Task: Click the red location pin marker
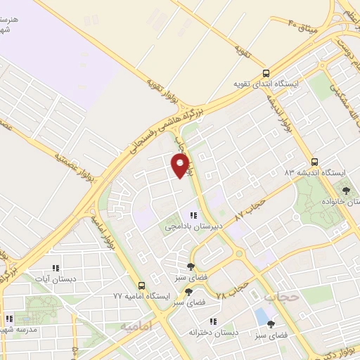[181, 165]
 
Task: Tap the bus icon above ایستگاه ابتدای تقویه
[266, 72]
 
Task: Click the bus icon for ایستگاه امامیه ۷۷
[142, 285]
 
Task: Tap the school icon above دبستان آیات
[56, 268]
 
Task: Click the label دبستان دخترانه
[213, 331]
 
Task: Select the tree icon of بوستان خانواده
[345, 191]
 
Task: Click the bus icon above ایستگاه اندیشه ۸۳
[314, 160]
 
